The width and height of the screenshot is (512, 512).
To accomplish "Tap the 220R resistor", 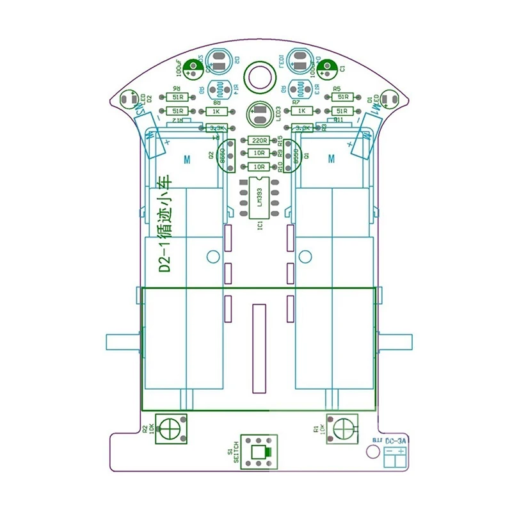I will [x=259, y=141].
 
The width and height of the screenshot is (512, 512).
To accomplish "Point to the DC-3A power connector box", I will [x=395, y=456].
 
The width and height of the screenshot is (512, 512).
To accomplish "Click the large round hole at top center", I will [x=260, y=76].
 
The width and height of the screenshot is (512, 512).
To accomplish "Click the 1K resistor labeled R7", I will [x=301, y=111].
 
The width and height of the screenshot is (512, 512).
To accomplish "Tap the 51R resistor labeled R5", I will [x=343, y=97].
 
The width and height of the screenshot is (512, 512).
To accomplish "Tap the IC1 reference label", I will [x=259, y=227].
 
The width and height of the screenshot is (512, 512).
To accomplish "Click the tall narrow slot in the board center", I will [x=259, y=349].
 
